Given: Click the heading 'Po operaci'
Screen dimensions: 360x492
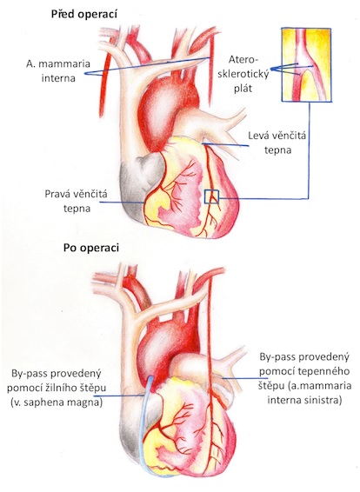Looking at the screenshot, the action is (x=91, y=248).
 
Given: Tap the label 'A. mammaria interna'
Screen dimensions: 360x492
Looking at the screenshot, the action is (x=58, y=70).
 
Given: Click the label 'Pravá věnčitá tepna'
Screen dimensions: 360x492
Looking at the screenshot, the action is (x=77, y=201).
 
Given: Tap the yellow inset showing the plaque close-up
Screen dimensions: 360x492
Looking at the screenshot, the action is (x=306, y=64).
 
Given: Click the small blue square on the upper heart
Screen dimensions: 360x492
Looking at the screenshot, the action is (x=211, y=196).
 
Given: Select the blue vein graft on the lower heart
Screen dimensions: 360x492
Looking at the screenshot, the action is (x=145, y=423).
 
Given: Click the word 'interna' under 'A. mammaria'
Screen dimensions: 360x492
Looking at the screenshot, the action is (x=58, y=78).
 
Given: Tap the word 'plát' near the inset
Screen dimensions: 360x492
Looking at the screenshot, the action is (x=243, y=88).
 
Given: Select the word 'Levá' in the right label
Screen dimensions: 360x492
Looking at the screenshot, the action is (x=259, y=136).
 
